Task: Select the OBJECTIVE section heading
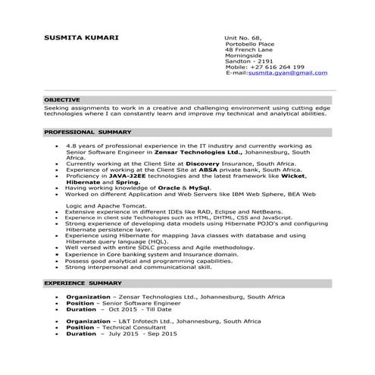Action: pos(61,100)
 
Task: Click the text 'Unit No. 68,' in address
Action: pos(242,37)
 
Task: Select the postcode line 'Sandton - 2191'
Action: pos(248,61)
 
